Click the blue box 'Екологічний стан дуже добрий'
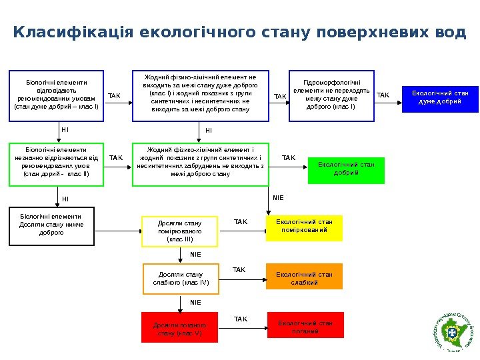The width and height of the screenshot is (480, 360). click(440, 97)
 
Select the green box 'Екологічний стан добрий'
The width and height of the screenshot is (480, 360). click(346, 169)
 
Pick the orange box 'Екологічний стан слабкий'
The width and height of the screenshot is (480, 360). click(304, 277)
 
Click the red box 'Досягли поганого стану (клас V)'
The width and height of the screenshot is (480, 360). click(180, 327)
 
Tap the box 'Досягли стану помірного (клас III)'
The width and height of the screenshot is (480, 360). click(180, 230)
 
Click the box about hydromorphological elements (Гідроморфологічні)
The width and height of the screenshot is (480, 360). click(331, 96)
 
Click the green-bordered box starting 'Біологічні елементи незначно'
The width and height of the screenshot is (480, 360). click(56, 163)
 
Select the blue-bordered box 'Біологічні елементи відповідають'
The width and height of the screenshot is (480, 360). click(56, 96)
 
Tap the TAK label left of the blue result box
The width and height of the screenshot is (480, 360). click(383, 96)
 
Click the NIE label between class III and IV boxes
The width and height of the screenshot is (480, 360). click(195, 254)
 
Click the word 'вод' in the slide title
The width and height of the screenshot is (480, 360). click(451, 33)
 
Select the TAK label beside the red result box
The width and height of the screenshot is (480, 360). click(241, 319)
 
